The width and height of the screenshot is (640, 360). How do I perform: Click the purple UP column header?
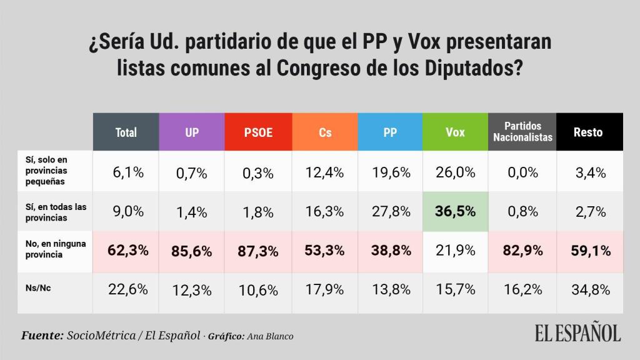[192, 132]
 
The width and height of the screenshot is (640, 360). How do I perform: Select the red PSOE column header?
[258, 132]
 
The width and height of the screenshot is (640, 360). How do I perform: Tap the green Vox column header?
[455, 132]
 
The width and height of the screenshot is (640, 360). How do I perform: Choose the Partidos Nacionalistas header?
[522, 132]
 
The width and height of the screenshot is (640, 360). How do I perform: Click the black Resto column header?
[588, 132]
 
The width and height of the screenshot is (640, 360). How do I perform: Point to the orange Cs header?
[325, 132]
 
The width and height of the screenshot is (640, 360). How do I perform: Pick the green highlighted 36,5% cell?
[455, 211]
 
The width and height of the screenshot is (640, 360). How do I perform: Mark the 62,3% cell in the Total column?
[126, 251]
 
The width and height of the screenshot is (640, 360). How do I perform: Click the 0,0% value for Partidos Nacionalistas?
[522, 172]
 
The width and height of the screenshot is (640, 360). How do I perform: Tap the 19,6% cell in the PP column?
[390, 172]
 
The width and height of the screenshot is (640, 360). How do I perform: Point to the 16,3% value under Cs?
[325, 212]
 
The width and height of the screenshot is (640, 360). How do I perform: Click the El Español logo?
[577, 332]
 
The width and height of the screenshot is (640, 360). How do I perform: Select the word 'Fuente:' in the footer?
[42, 336]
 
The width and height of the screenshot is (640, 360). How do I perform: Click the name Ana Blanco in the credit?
[270, 336]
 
